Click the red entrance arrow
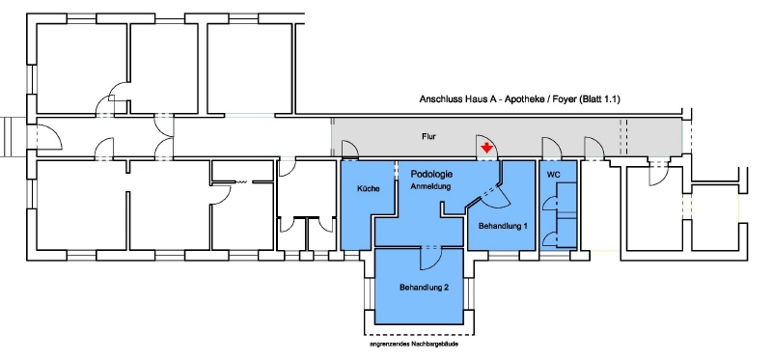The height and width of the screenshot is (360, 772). coord(486,148)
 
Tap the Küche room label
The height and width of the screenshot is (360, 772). coord(368,188)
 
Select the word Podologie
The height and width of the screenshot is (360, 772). coord(431,175)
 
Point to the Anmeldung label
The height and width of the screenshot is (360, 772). coord(430,186)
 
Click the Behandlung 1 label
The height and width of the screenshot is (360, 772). coord(503,226)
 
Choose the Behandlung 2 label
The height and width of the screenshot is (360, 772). coord(424,287)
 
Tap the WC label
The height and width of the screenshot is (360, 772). coord(553,175)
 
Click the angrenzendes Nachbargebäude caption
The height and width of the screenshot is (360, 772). coord(414,345)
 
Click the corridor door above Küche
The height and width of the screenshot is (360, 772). coord(349,150)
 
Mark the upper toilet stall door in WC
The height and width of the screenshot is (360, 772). coord(550,204)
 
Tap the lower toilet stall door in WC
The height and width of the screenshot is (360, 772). coord(550,239)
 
